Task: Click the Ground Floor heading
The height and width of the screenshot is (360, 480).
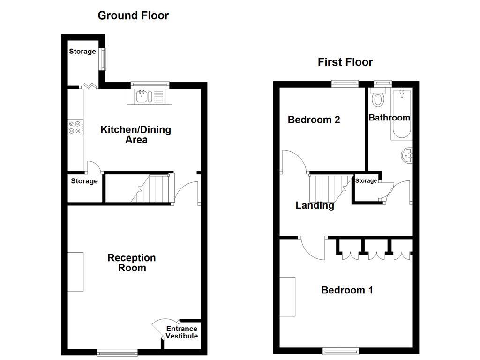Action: pyautogui.click(x=133, y=15)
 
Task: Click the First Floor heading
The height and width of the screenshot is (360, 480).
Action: pyautogui.click(x=345, y=62)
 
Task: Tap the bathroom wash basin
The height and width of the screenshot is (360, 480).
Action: pyautogui.click(x=407, y=155)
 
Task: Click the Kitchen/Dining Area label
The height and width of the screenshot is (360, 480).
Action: pyautogui.click(x=135, y=135)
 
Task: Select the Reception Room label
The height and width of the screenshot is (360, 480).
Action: pyautogui.click(x=131, y=263)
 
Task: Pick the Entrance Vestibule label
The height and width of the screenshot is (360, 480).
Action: pyautogui.click(x=182, y=332)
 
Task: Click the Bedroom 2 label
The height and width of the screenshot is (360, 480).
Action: pyautogui.click(x=314, y=120)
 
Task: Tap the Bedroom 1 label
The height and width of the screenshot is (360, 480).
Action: pyautogui.click(x=347, y=290)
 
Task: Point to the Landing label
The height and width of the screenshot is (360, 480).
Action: pyautogui.click(x=315, y=205)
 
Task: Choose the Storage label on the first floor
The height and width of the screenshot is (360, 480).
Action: pyautogui.click(x=366, y=180)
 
